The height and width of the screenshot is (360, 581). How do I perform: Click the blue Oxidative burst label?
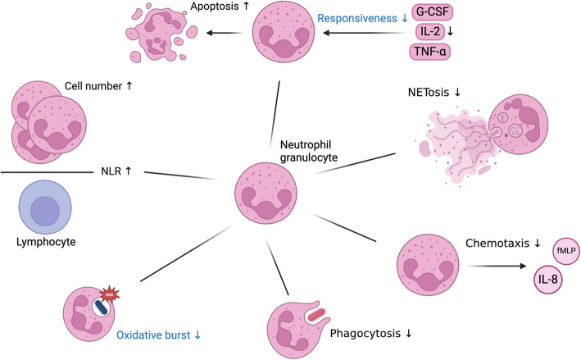(161, 335)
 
